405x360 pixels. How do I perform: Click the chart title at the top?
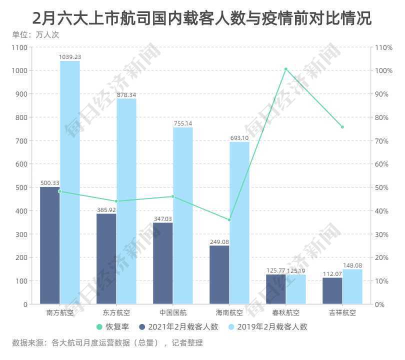point(202,18)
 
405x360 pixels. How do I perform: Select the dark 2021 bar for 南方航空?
point(49,245)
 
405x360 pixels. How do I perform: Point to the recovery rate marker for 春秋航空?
point(286,69)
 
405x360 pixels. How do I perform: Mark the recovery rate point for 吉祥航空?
point(342,127)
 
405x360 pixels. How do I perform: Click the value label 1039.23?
point(70,57)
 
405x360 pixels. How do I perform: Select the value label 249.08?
point(219,242)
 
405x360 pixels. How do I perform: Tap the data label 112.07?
point(332,274)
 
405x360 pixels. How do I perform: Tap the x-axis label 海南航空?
point(229,313)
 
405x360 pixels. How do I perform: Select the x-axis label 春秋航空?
point(286,313)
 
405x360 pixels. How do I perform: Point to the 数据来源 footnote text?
point(107,343)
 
